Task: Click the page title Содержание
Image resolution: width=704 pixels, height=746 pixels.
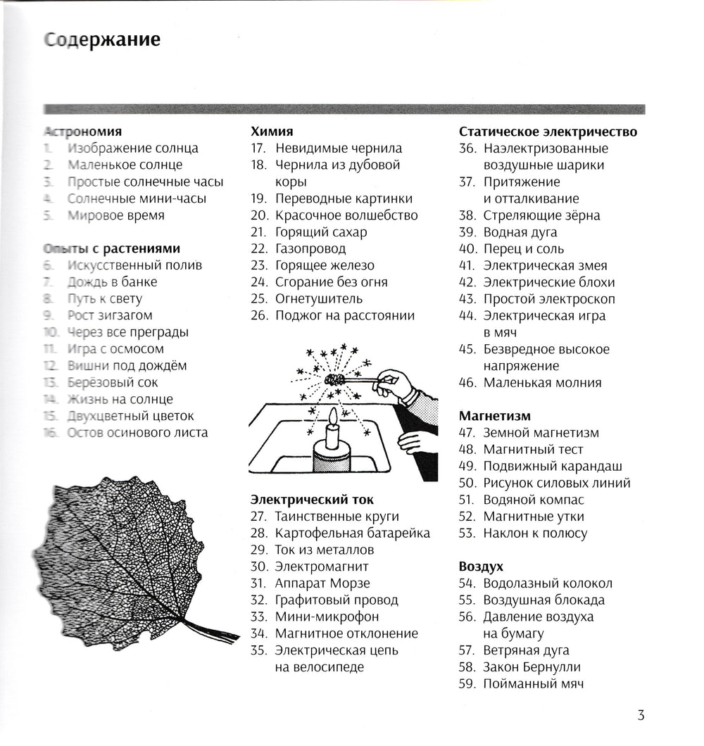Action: pyautogui.click(x=101, y=39)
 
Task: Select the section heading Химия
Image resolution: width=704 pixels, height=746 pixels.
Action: pyautogui.click(x=272, y=132)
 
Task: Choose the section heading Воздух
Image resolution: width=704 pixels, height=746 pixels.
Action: pyautogui.click(x=481, y=567)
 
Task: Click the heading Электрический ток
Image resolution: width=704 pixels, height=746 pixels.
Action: pyautogui.click(x=308, y=500)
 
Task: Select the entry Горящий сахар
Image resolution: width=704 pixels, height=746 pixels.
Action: pyautogui.click(x=321, y=232)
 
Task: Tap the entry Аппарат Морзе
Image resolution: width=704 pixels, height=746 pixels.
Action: pyautogui.click(x=322, y=583)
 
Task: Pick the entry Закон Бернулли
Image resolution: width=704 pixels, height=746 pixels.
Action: pyautogui.click(x=532, y=667)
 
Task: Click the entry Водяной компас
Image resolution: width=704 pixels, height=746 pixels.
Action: pyautogui.click(x=534, y=500)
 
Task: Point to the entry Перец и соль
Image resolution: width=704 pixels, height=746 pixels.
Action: pyautogui.click(x=523, y=248)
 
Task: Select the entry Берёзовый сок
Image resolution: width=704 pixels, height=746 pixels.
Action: pyautogui.click(x=113, y=382)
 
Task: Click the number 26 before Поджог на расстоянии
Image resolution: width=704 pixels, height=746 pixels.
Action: pyautogui.click(x=259, y=315)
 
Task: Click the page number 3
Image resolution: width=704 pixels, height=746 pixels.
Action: pyautogui.click(x=641, y=716)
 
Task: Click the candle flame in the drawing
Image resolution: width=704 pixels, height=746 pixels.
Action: pyautogui.click(x=332, y=417)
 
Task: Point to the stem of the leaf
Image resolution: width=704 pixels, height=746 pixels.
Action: pyautogui.click(x=211, y=628)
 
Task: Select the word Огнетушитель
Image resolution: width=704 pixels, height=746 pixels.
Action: pyautogui.click(x=319, y=298)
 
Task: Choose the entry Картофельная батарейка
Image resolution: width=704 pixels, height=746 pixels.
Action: pyautogui.click(x=352, y=533)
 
